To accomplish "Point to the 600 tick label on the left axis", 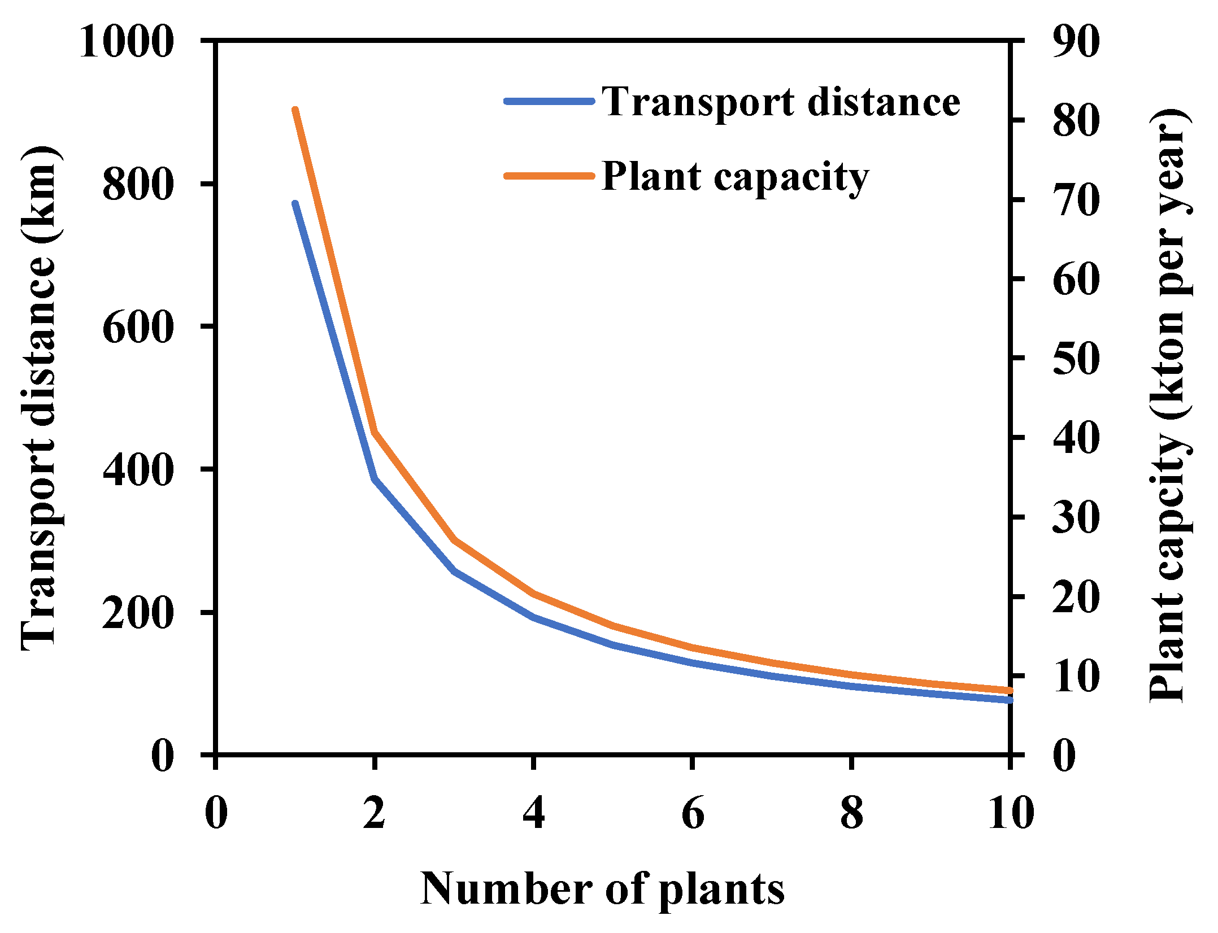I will click(138, 328).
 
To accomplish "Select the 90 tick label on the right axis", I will click(1076, 42).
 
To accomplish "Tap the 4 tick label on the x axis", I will click(533, 813).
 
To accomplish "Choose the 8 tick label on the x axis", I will click(851, 813).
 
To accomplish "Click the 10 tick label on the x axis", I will click(1011, 813).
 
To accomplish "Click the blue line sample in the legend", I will click(549, 102).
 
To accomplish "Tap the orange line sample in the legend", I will click(549, 176).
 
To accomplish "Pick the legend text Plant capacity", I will click(734, 177).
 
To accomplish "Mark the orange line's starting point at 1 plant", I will click(295, 110).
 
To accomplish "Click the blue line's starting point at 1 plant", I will click(295, 204).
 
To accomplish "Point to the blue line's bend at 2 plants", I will click(375, 479).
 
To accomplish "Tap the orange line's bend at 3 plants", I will click(454, 540).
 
